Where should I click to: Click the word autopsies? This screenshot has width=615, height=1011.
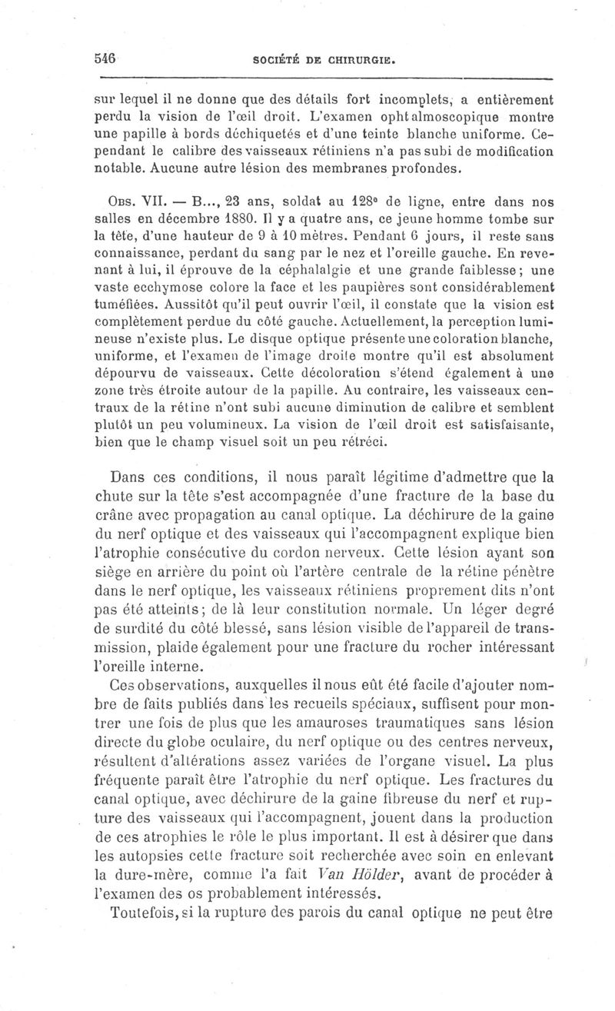(155, 853)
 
